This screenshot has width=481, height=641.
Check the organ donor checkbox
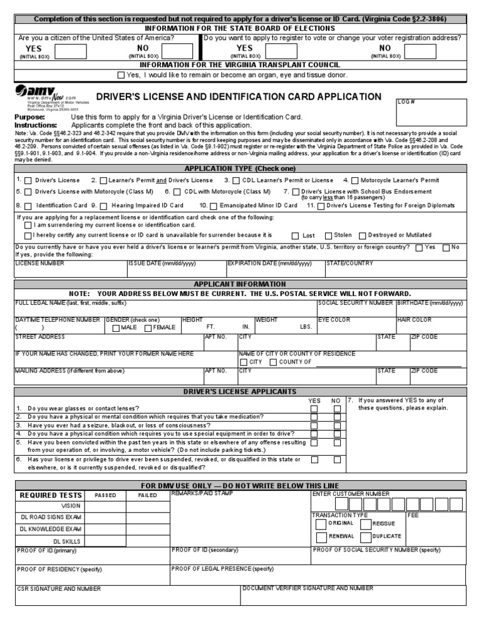coord(121,75)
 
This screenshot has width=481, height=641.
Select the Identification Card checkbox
coord(28,206)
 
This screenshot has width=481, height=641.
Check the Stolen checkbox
coord(328,236)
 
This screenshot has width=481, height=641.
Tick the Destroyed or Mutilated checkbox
coord(362,236)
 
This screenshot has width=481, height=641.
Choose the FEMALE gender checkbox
coord(148,328)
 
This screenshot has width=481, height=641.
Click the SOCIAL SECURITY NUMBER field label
coord(355,303)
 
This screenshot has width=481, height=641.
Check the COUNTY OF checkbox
coord(273,362)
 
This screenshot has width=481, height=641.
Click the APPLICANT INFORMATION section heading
coord(240,284)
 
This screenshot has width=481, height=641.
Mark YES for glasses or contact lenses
coord(314,409)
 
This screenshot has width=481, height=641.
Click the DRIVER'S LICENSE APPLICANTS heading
coord(240,392)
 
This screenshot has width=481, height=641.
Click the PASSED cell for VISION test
coord(105,506)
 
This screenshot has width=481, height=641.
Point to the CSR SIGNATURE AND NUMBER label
coord(59,589)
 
